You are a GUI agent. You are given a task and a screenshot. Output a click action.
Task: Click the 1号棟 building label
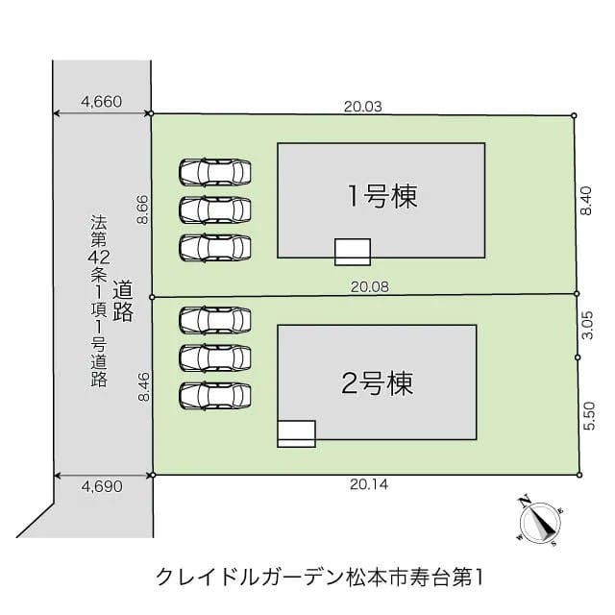coord(382,196)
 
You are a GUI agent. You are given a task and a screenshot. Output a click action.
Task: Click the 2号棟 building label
coord(378,383)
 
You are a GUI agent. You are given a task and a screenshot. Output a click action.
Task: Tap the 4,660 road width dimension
coord(101,102)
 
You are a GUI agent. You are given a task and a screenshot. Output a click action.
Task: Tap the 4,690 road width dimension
coord(102,486)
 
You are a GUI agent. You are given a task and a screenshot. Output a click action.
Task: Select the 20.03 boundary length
coord(363,107)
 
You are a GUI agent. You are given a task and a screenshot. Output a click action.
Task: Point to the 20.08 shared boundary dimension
coord(370,286)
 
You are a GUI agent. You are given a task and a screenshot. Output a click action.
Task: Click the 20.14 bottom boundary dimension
coord(369,484)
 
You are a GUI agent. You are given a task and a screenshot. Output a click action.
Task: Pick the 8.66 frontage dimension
coord(143,209)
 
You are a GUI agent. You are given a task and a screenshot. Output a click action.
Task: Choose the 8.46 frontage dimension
coord(144,386)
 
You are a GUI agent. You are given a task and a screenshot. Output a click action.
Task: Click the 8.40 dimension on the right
coord(586,201)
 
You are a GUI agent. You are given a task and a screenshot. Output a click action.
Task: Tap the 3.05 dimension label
coord(587,325)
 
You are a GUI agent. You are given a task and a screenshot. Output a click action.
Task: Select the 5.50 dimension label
coord(589,416)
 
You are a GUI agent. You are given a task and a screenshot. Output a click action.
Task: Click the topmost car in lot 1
coord(215,172)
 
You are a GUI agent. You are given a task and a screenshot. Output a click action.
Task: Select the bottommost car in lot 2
coord(215,396)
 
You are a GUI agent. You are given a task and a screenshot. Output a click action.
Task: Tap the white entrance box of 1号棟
coord(353,252)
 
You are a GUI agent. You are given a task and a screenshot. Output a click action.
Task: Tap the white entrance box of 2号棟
coord(296,433)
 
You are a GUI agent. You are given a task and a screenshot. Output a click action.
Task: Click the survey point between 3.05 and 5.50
coord(578,357)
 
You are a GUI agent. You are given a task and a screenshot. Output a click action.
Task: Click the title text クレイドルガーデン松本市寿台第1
coord(319,578)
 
